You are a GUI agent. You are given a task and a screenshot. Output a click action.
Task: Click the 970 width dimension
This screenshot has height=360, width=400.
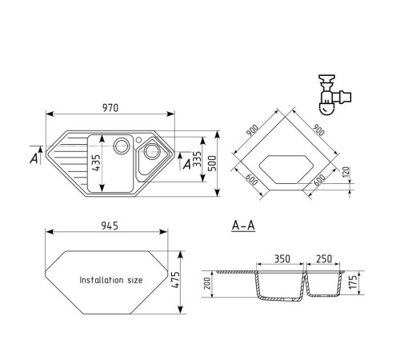(110, 108)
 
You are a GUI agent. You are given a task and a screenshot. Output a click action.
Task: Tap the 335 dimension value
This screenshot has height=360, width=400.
(197, 159)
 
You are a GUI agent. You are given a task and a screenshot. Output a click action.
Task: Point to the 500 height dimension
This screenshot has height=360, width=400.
(212, 163)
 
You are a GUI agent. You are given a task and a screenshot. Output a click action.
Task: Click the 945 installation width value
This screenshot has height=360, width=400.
(110, 226)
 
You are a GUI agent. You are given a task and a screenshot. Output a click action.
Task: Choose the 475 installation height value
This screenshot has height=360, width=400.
(175, 280)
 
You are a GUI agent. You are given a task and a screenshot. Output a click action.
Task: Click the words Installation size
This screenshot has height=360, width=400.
(111, 280)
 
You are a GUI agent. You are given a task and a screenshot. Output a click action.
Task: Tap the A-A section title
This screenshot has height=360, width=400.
(243, 226)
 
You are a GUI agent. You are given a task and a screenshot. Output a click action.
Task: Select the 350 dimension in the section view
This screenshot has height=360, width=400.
(282, 258)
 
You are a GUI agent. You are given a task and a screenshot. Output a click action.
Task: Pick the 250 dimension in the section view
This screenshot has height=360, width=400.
(324, 258)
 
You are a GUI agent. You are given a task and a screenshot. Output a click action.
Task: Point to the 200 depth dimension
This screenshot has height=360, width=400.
(207, 283)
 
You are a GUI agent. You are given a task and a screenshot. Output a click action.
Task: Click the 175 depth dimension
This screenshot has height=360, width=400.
(353, 282)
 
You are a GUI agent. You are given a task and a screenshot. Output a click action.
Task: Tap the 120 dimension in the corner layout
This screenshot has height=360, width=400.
(346, 172)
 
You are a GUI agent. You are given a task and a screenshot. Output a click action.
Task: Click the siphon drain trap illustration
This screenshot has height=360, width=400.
(335, 95)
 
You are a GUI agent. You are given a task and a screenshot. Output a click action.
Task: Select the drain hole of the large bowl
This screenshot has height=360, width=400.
(122, 146)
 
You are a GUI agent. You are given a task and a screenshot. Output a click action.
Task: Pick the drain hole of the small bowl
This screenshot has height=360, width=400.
(152, 151)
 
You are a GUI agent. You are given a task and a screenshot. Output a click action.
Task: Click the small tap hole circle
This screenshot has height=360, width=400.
(138, 139)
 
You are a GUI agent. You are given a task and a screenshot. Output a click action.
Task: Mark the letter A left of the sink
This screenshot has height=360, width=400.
(34, 158)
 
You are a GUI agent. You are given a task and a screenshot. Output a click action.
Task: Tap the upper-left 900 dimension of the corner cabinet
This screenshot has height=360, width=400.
(252, 130)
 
